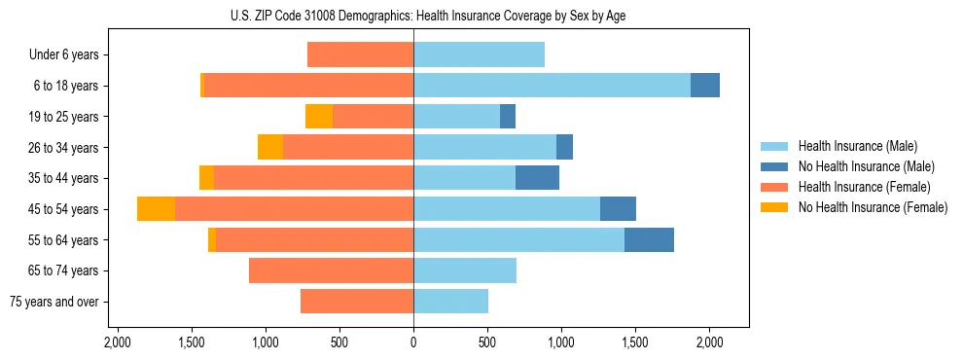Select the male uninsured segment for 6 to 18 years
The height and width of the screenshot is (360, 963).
tap(705, 86)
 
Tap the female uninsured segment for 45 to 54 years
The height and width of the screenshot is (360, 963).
tap(156, 208)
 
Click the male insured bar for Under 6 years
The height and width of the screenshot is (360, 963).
tap(479, 54)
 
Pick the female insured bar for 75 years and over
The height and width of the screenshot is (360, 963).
tap(357, 302)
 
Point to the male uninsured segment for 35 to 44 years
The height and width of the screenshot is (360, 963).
tap(537, 178)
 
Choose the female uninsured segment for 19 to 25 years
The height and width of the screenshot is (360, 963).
tap(319, 117)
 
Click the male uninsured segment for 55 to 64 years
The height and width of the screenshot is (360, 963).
tap(649, 239)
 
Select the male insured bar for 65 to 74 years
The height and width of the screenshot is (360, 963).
tap(465, 270)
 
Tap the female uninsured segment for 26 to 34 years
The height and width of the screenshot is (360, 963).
tap(270, 147)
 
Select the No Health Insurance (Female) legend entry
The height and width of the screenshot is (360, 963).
tap(873, 207)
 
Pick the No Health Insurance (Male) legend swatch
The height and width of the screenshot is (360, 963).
tap(775, 166)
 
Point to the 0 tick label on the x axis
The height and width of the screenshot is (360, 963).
tap(413, 342)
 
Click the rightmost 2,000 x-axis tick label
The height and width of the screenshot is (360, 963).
tap(709, 342)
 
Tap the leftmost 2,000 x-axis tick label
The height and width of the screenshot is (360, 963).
tap(118, 342)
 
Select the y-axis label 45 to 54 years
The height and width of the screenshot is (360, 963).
tap(64, 209)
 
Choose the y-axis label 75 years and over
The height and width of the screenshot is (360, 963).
tap(53, 302)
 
